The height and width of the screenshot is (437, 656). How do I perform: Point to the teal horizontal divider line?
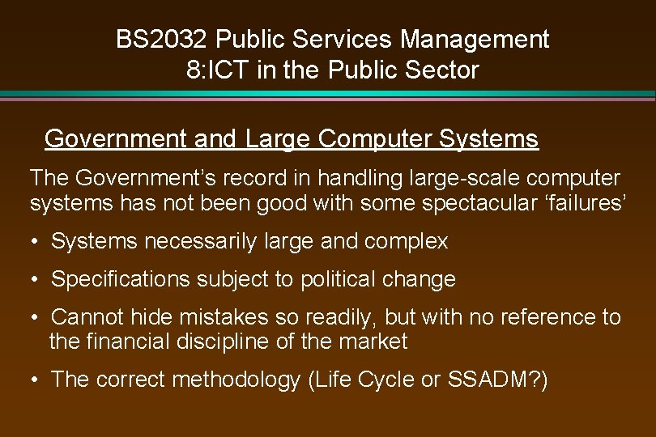[328, 95]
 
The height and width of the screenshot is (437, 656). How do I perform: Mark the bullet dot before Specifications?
[36, 280]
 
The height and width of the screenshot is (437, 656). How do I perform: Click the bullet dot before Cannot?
[36, 317]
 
